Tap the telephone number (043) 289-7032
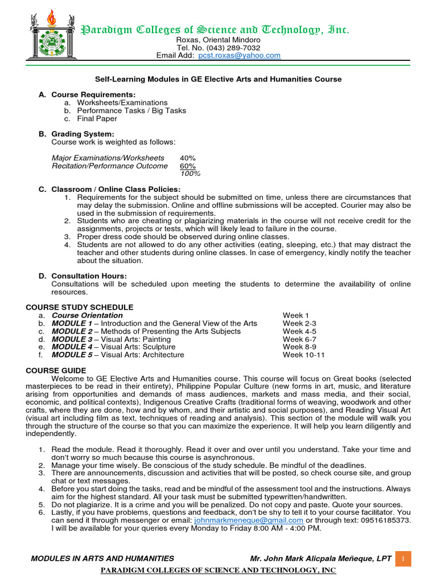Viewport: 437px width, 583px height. point(230,48)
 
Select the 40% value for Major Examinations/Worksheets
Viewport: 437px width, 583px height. point(187,158)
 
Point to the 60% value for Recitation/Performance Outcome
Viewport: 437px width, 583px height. point(187,166)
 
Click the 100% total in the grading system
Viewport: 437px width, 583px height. point(190,174)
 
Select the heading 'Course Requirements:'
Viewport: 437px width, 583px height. point(93,95)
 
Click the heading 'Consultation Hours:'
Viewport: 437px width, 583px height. point(89,276)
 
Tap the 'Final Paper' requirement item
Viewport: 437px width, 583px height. point(97,118)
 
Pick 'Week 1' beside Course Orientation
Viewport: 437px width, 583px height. point(296,315)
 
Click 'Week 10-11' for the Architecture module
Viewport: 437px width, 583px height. point(304,355)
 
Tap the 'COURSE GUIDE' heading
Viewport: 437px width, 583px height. point(56,371)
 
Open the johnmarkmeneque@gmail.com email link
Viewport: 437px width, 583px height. point(248,520)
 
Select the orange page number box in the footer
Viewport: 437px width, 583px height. point(402,559)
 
